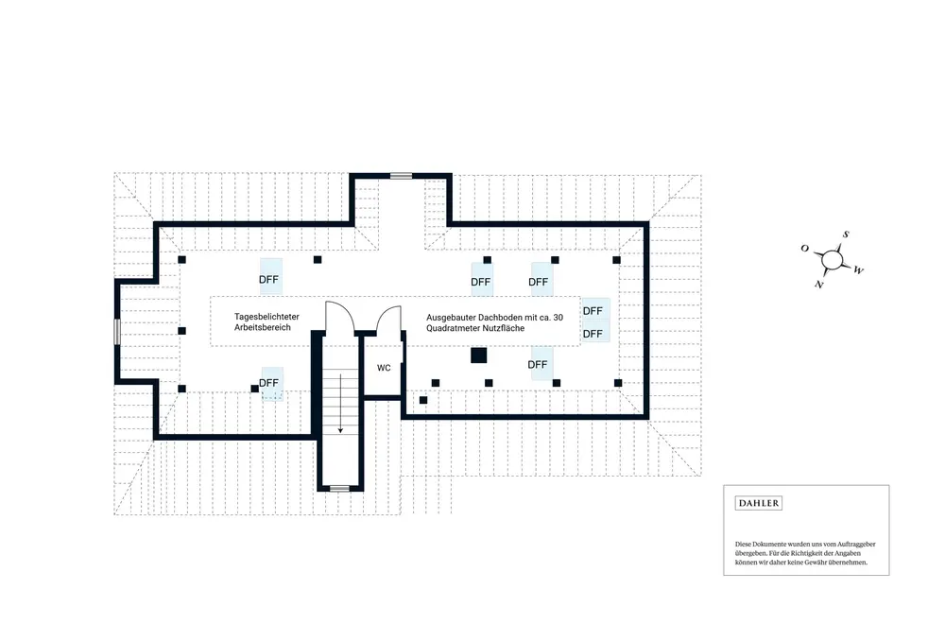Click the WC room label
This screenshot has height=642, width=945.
(x=384, y=368)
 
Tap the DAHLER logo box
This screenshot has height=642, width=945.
(x=759, y=503)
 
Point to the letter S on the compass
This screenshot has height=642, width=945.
(x=847, y=234)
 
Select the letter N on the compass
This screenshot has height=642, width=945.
(x=819, y=284)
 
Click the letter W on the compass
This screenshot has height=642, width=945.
(x=858, y=270)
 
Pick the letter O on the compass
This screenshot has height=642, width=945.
(x=804, y=248)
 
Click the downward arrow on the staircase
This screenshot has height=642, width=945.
(x=339, y=405)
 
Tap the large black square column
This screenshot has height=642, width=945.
(x=478, y=356)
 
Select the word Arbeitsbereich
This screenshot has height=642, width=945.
(x=263, y=327)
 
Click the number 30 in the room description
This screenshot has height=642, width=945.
(x=558, y=317)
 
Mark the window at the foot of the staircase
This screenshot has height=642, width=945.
(x=339, y=488)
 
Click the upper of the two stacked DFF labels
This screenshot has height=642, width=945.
(x=593, y=310)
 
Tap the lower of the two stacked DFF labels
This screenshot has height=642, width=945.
(x=593, y=334)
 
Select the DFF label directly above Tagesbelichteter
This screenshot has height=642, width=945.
(x=269, y=279)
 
